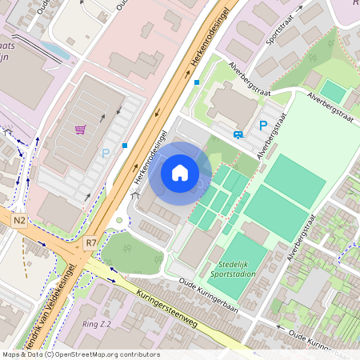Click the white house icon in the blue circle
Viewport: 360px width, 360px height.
[x=180, y=173]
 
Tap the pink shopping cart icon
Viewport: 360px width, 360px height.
[x=80, y=129]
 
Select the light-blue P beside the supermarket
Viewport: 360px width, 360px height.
[x=105, y=153]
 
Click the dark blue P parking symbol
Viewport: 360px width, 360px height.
[x=262, y=125]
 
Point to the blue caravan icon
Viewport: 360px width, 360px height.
[x=238, y=134]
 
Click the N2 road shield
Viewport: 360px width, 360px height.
[x=20, y=219]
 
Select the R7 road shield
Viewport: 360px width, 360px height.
[x=90, y=241]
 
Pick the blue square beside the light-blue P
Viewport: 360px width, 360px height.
[x=125, y=146]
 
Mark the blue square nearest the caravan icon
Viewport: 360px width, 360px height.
[x=197, y=82]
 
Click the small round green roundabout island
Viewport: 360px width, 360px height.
[x=119, y=221]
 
